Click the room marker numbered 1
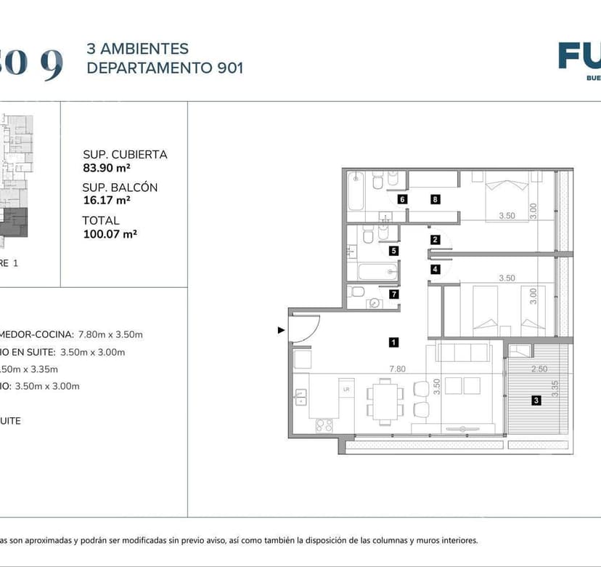[x=393, y=341]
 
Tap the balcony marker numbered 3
[x=536, y=400]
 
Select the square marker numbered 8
[x=435, y=199]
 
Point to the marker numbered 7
[x=393, y=294]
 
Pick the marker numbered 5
[x=393, y=252]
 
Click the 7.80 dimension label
[x=397, y=369]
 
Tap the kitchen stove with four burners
[x=323, y=425]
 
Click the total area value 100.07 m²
[x=110, y=233]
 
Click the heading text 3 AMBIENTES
[x=137, y=49]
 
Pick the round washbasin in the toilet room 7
[x=375, y=304]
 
